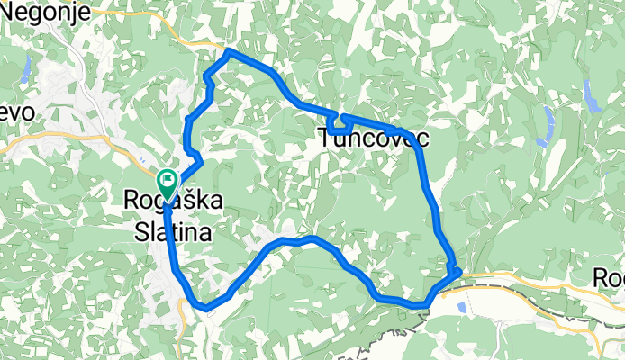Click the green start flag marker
168,181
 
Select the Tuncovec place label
373,139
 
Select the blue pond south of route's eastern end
461,307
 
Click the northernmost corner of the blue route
230,52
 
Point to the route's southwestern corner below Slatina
206,307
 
